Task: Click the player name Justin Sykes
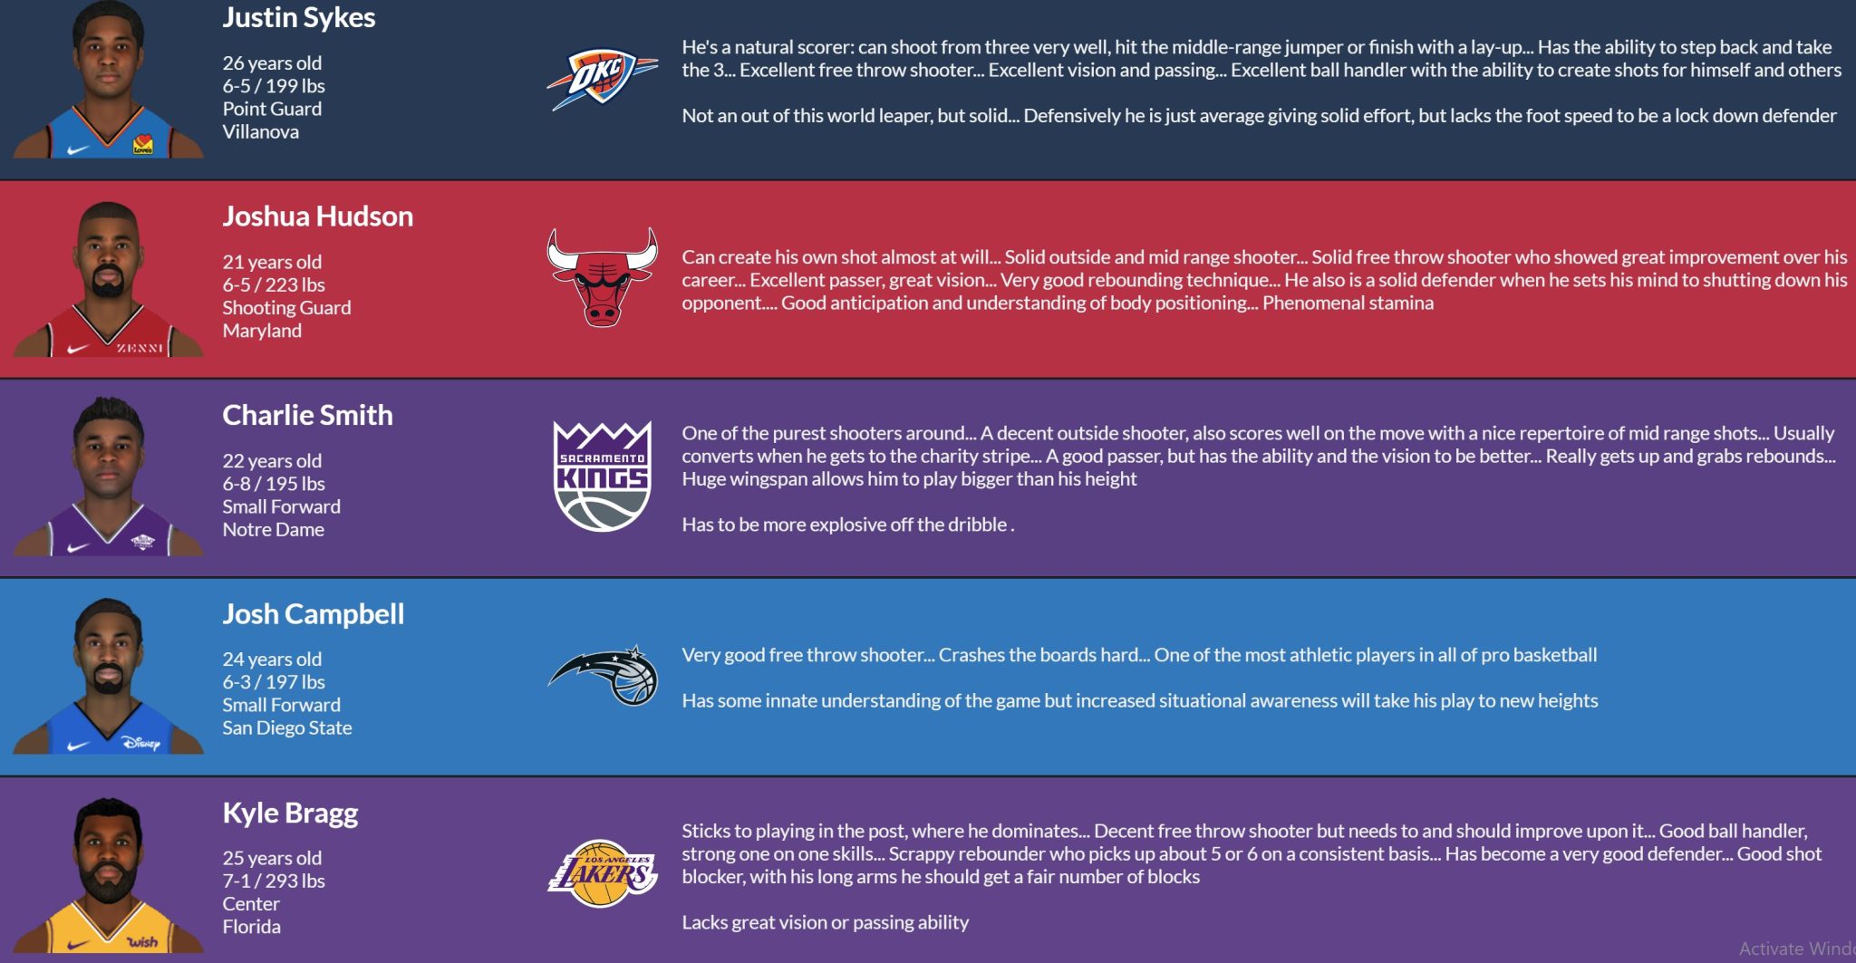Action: coord(299,18)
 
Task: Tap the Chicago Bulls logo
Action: coord(602,276)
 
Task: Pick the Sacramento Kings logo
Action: coord(603,476)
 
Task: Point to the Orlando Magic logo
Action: coord(603,675)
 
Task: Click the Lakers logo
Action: coord(603,873)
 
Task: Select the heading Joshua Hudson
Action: coord(318,217)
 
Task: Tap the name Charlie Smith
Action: coord(308,415)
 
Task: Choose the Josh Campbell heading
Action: coord(314,614)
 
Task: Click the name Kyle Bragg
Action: coord(290,814)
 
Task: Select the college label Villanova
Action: coord(261,132)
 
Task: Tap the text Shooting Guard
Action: coord(286,308)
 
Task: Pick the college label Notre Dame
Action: coord(274,530)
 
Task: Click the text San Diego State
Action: coord(287,728)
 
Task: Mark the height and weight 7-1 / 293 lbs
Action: coord(274,881)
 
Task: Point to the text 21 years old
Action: coord(272,263)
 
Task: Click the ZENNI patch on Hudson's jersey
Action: coord(140,348)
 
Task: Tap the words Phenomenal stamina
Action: coord(1348,303)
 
